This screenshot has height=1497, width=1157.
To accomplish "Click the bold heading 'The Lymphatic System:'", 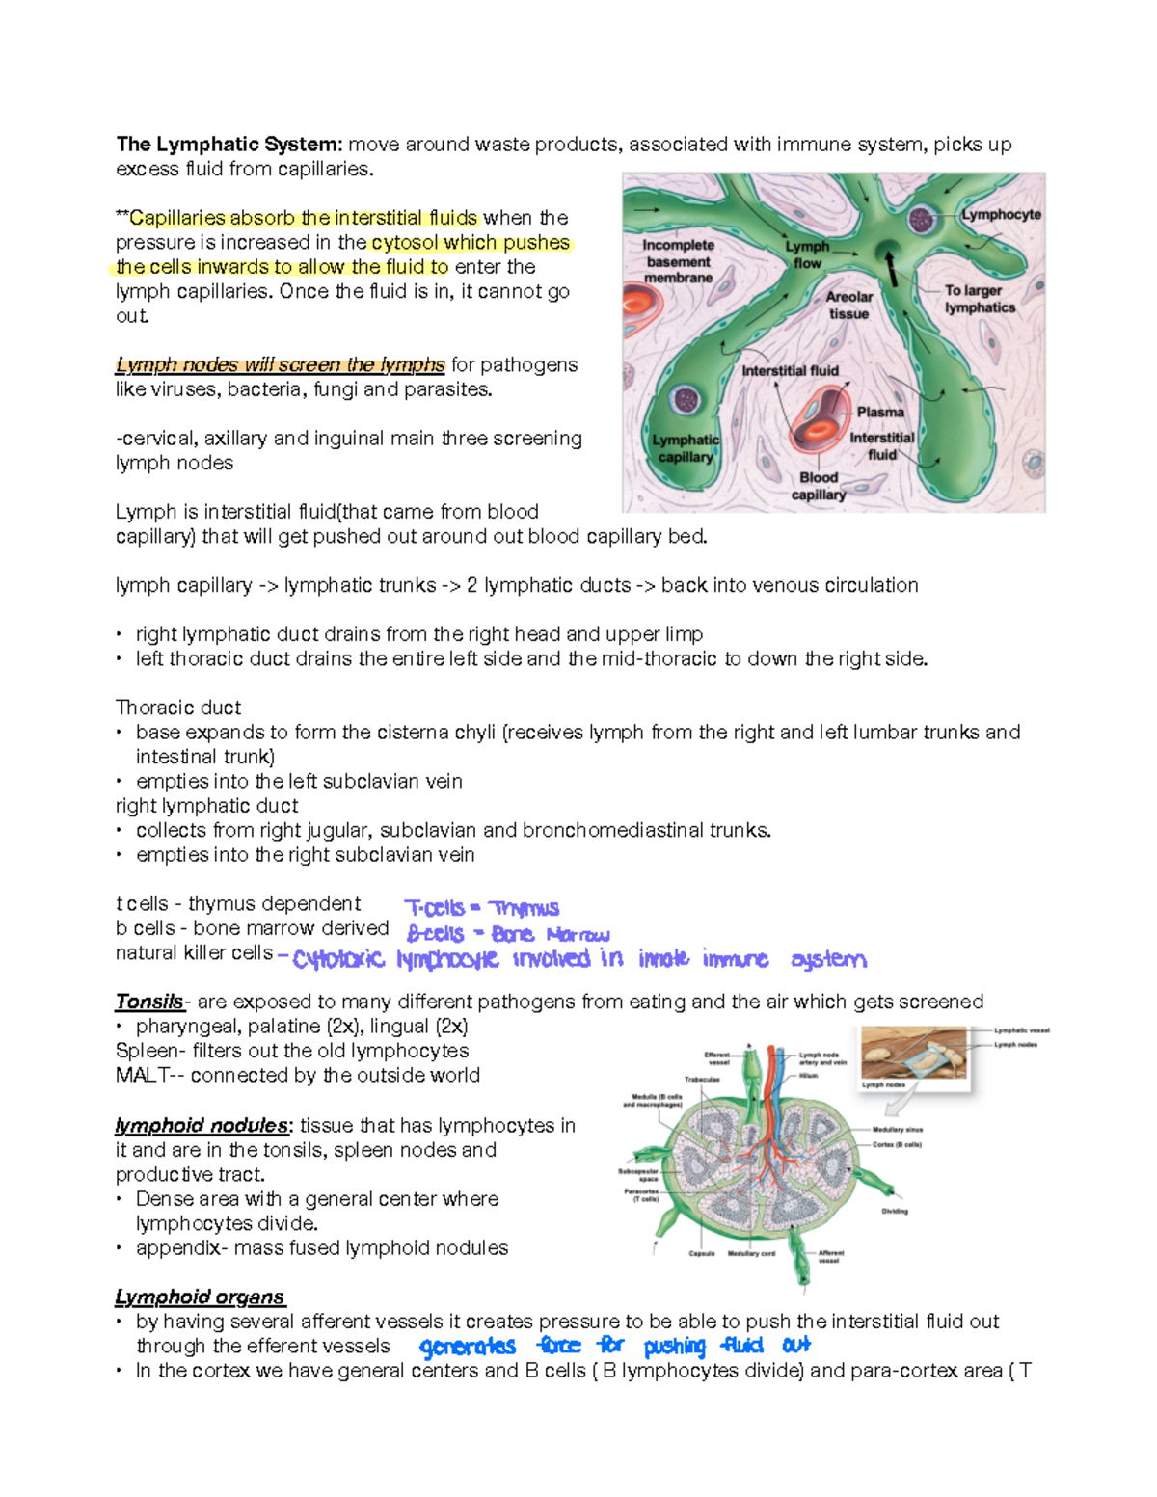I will (x=229, y=145).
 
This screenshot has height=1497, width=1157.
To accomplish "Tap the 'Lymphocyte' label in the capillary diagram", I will (x=1001, y=214).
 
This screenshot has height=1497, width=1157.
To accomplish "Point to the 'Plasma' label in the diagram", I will (x=880, y=412).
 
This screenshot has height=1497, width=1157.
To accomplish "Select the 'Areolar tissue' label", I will (x=848, y=305).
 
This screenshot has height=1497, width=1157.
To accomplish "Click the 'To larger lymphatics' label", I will (x=979, y=299).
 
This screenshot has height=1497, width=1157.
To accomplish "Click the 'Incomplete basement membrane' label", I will (x=678, y=261).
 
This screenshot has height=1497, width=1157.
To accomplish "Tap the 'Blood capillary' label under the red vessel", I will (x=818, y=486).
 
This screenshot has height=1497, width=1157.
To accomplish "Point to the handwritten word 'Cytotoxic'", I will (x=338, y=959).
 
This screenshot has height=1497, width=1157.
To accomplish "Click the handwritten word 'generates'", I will (x=468, y=1347).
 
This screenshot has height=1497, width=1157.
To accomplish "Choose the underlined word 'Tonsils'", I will (x=149, y=1002).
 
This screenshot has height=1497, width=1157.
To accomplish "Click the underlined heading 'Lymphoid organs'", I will (x=200, y=1297).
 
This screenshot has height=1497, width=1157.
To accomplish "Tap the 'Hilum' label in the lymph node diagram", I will (x=808, y=1075).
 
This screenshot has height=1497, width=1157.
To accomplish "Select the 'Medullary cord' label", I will (x=751, y=1253).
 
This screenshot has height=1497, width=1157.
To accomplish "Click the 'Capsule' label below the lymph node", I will (x=701, y=1253).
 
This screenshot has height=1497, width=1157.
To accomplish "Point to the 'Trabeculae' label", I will (x=702, y=1079).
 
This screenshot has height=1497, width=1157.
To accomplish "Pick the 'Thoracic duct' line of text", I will (x=178, y=708).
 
